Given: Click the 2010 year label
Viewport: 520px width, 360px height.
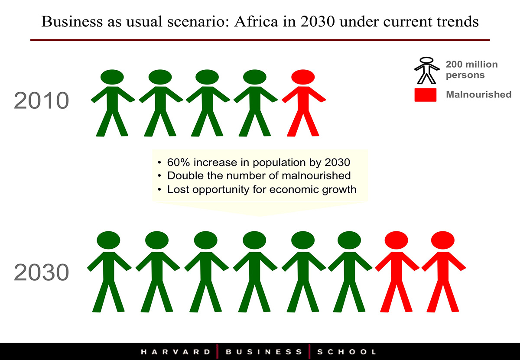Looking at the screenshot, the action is (42, 101).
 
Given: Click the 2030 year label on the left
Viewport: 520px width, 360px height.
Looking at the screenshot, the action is (42, 272).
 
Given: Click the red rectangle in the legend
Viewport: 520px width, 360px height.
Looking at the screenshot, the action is (426, 95).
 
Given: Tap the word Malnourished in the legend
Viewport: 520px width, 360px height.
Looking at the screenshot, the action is (479, 94).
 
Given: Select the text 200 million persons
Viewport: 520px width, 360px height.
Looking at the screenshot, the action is (472, 70).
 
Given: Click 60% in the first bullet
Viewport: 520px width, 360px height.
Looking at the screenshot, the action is (179, 162).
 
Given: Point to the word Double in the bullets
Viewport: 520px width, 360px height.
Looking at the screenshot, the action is (186, 176).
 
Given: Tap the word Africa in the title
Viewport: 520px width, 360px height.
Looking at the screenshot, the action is (256, 22).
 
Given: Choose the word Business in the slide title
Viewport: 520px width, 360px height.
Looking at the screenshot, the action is (72, 22).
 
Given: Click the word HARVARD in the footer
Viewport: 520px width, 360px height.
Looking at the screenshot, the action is (175, 352).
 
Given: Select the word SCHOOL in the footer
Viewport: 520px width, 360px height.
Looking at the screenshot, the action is (347, 352).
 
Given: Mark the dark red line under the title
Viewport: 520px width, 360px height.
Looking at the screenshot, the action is (260, 40).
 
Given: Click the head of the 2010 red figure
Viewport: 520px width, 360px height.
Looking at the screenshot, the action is (303, 77).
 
